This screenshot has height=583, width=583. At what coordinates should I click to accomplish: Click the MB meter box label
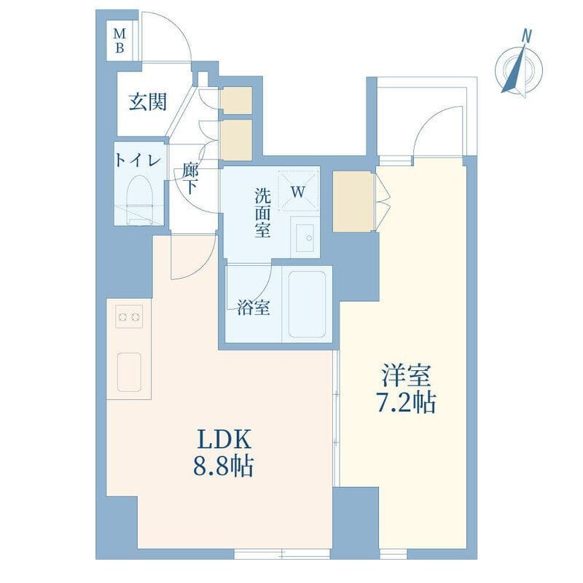click(121, 40)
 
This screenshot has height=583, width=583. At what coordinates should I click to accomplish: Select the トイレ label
click(138, 160)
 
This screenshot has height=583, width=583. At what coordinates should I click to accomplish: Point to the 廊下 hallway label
click(191, 179)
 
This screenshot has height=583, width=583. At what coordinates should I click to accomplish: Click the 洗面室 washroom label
click(262, 214)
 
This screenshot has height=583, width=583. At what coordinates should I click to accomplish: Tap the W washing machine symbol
click(298, 191)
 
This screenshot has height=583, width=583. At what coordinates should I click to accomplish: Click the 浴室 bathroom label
click(254, 308)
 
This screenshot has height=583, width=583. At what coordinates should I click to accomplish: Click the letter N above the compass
click(526, 34)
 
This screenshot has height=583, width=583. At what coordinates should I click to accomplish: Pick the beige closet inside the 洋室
click(353, 201)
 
